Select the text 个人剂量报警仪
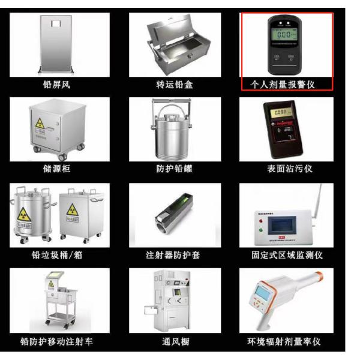tap(287, 85)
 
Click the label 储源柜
tap(58, 169)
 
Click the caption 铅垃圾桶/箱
tap(59, 255)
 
